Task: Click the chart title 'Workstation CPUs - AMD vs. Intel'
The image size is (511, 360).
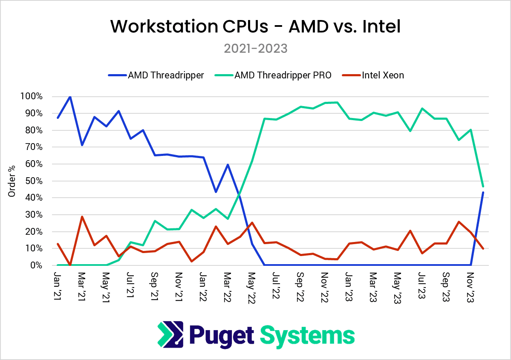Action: (x=255, y=26)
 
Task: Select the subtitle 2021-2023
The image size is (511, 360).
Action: (x=255, y=49)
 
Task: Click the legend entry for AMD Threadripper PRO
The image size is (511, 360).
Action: (x=282, y=75)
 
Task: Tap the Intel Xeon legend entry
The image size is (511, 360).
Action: (x=383, y=75)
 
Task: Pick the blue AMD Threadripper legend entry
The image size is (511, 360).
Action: (x=166, y=75)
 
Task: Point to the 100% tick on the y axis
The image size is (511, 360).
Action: (x=31, y=97)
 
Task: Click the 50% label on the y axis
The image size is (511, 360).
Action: (x=33, y=181)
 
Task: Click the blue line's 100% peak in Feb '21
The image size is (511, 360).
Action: (x=70, y=97)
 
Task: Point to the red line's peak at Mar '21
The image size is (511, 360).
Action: (x=82, y=217)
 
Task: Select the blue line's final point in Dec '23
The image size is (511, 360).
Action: (x=483, y=193)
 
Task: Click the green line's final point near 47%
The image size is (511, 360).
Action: (x=483, y=186)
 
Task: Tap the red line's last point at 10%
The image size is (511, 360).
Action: (x=483, y=248)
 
